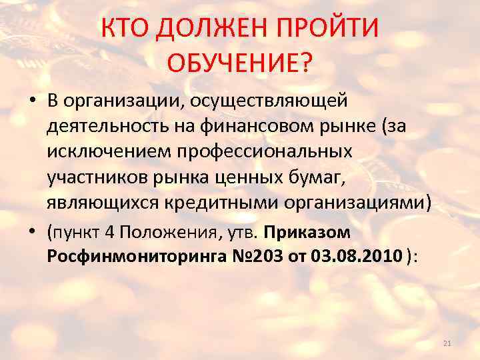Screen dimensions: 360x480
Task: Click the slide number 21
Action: pyautogui.click(x=447, y=343)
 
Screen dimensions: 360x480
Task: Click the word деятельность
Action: pyautogui.click(x=108, y=126)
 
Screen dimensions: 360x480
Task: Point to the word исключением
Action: pyautogui.click(x=109, y=151)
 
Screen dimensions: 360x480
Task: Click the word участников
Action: pyautogui.click(x=93, y=177)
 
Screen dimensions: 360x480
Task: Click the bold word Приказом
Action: pyautogui.click(x=307, y=233)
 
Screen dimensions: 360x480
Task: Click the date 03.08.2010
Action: pyautogui.click(x=357, y=257)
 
